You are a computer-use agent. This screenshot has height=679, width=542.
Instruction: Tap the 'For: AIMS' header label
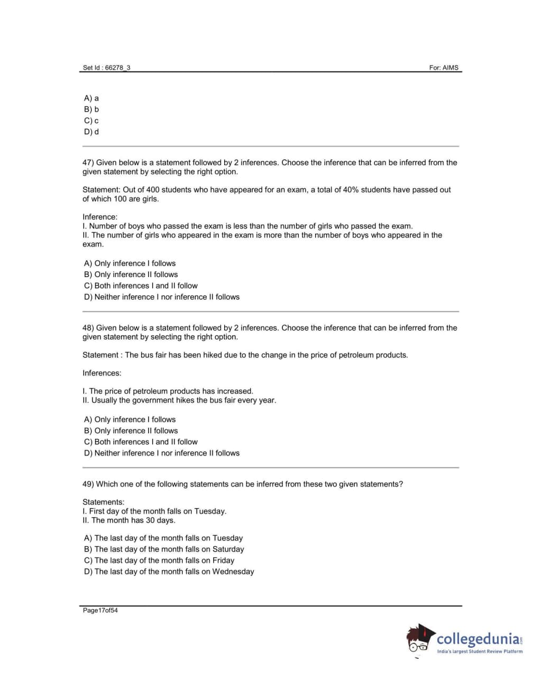coord(444,68)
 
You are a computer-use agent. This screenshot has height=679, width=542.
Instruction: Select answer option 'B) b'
coord(91,109)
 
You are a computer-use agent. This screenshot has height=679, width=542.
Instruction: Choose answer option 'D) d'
coord(91,132)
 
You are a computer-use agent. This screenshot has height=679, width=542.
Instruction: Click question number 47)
coord(88,163)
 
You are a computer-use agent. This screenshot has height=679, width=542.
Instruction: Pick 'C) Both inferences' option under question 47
coord(141,286)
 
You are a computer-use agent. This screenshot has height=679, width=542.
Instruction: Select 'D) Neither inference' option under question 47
coord(161,297)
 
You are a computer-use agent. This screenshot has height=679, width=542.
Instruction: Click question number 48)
coord(88,328)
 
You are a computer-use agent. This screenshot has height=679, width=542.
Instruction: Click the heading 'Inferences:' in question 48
coord(102,373)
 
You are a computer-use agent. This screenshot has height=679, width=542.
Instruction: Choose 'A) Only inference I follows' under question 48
coord(130,419)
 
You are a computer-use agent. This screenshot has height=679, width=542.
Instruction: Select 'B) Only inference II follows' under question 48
coord(131,431)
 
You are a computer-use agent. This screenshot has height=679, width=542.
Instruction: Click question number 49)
coord(88,484)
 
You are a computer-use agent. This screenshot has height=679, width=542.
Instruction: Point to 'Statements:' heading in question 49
coord(104,502)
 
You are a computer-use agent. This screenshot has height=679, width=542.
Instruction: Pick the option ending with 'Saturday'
coord(164,549)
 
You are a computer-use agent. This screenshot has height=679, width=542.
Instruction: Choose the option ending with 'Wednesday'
coord(169,572)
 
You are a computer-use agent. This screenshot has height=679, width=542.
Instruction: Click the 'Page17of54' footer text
coord(100,611)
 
